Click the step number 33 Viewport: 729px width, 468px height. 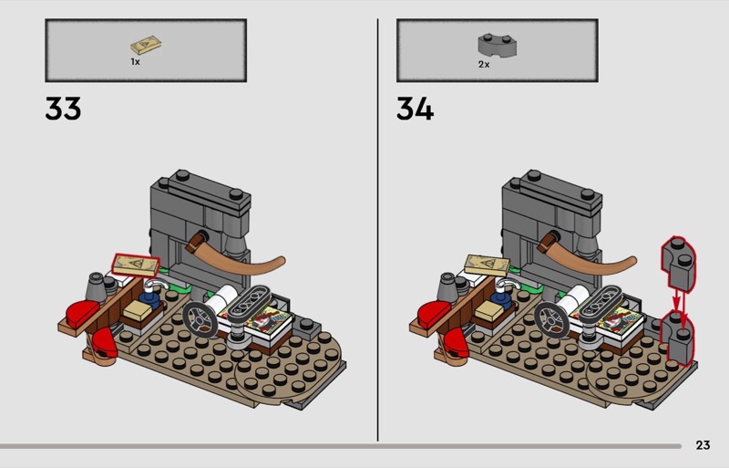[63, 109]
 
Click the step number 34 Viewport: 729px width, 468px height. [415, 109]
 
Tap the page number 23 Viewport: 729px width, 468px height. [703, 445]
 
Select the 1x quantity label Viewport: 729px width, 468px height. [135, 61]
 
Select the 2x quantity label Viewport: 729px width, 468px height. [484, 64]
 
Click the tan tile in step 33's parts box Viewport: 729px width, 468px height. [146, 46]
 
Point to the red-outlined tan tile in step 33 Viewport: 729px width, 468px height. [135, 265]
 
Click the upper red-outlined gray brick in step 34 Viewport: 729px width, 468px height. [678, 262]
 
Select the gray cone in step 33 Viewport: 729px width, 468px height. [97, 286]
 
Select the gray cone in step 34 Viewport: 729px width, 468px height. [448, 286]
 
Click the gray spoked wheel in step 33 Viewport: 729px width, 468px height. [200, 320]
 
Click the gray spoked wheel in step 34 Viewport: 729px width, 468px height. [551, 320]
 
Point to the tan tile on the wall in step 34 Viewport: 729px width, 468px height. [488, 265]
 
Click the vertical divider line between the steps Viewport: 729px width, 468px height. [377, 230]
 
